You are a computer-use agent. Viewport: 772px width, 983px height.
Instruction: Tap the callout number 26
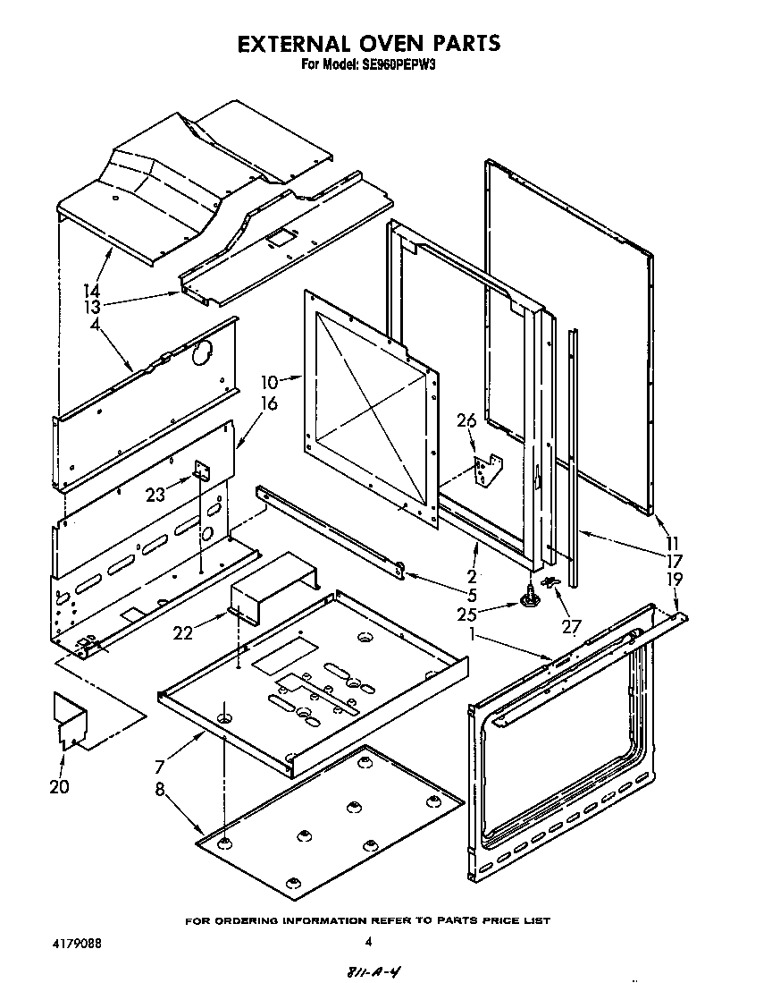pyautogui.click(x=466, y=419)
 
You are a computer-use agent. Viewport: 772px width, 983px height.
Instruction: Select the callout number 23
pyautogui.click(x=156, y=494)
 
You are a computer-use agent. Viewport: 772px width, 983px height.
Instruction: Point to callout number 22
pyautogui.click(x=182, y=632)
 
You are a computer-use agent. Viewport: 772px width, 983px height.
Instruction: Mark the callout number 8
pyautogui.click(x=161, y=791)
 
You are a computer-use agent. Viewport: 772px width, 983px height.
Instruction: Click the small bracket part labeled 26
pyautogui.click(x=488, y=470)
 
